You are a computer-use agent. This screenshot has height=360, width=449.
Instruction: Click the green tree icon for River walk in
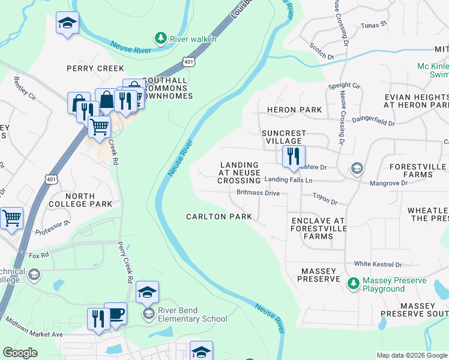click(x=160, y=38)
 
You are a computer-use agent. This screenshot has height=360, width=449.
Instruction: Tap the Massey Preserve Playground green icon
click(x=354, y=282)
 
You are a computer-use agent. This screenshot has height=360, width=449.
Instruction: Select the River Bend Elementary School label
click(x=193, y=319)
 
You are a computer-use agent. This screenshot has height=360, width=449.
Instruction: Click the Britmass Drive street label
click(x=258, y=193)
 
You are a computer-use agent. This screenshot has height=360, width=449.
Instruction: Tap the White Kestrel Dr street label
click(x=377, y=264)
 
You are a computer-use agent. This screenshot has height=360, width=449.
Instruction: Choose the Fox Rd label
click(x=38, y=256)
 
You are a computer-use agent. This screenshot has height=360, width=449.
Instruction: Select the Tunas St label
click(x=374, y=26)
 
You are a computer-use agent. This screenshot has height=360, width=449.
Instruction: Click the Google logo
click(x=20, y=353)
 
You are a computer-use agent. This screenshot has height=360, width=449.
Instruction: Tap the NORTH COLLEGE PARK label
click(x=80, y=200)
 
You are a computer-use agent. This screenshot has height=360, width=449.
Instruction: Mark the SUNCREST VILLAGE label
click(x=284, y=137)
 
